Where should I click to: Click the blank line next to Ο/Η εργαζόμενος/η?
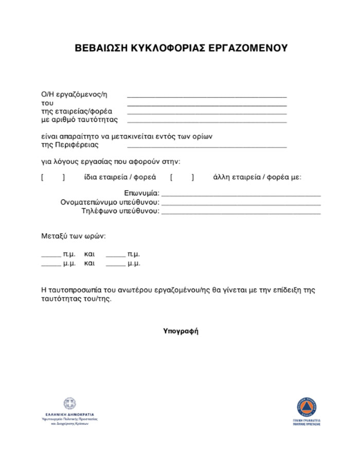coord(207,95)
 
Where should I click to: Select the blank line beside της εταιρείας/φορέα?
coord(207,111)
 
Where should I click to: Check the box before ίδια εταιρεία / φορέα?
coord(53,178)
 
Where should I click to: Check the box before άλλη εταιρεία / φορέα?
coord(182,178)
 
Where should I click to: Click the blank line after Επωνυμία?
coord(241,194)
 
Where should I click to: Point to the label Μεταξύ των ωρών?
coord(74,236)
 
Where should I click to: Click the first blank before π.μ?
coord(51,255)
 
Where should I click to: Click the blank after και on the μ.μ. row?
coord(115,264)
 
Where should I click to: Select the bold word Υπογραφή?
coord(181,331)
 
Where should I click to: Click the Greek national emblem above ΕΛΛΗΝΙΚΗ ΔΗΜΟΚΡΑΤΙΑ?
coord(69,403)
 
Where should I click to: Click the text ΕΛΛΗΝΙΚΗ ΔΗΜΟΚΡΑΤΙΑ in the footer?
coord(69,414)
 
